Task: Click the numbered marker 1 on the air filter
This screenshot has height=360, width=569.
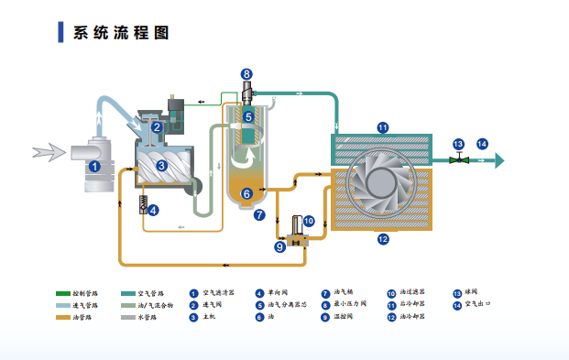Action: click(x=94, y=166)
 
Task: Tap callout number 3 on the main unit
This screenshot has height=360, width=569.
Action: click(x=161, y=166)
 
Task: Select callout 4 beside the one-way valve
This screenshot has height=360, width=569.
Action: click(x=153, y=209)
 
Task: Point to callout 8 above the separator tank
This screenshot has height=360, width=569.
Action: click(x=246, y=73)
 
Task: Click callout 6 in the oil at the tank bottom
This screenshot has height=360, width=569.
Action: click(x=246, y=193)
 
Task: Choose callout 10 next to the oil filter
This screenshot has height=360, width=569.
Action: click(x=309, y=221)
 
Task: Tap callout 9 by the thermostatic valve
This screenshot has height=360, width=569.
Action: click(x=279, y=245)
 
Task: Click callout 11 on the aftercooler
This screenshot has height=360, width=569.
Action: click(x=383, y=127)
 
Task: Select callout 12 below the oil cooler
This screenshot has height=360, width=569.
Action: click(x=383, y=239)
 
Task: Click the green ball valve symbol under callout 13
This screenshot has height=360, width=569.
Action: click(x=459, y=160)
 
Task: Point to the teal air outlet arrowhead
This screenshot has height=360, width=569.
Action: click(x=498, y=160)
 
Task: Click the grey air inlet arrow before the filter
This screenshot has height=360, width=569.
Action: click(x=41, y=150)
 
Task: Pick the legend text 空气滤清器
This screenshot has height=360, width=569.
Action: click(x=218, y=293)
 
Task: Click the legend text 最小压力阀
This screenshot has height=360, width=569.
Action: click(x=349, y=305)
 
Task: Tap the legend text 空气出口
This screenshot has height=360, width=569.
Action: click(x=480, y=305)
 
